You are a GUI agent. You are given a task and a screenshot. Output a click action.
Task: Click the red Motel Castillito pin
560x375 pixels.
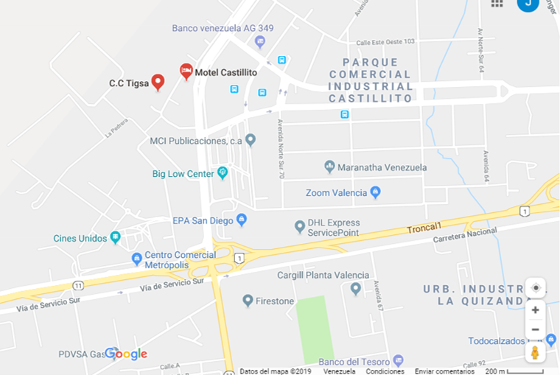point(186,71)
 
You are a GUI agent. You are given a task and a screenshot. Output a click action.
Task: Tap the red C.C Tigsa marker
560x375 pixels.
point(158,82)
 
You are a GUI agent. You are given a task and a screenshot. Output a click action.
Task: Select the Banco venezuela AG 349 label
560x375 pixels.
point(223,28)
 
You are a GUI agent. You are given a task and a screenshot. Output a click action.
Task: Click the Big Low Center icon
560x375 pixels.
point(223,174)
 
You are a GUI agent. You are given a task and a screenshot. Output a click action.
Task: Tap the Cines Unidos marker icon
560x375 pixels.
point(116,237)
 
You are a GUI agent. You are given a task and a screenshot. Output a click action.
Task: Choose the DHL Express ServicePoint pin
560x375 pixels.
point(299,226)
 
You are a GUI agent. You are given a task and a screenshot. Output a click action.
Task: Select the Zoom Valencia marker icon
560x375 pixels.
point(375,192)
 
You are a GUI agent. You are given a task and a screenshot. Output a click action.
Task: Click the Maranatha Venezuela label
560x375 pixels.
point(382,167)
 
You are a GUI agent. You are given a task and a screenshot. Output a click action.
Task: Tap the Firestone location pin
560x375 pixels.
point(248,301)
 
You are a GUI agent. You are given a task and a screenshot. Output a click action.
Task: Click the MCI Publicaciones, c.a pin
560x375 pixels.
point(251,139)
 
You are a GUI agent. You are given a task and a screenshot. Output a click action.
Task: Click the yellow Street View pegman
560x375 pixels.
point(536,352)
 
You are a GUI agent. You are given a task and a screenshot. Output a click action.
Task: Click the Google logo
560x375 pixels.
point(126,354)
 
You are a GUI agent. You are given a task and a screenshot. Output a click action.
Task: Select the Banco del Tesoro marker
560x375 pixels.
point(398,360)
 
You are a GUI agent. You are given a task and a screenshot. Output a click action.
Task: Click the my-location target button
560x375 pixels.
point(536,287)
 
